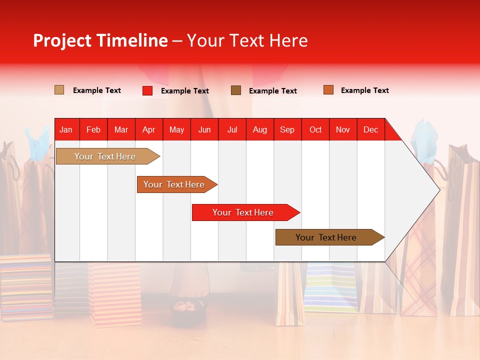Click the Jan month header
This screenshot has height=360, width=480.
coord(66,129)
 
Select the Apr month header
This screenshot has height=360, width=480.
coord(149,129)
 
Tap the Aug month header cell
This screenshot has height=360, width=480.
coord(259,129)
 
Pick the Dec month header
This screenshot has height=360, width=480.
coord(370,129)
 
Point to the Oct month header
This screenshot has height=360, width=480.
coord(315,129)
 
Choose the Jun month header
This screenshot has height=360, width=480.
coord(204,129)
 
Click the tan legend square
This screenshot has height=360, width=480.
coord(59,90)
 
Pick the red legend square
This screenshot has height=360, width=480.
coord(147,90)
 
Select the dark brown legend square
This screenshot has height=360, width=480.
coord(236,90)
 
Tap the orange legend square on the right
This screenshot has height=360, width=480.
coord(328,90)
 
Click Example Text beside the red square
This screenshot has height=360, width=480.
coord(184,91)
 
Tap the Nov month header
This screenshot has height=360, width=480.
coord(343,129)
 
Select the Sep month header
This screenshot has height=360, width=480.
coord(287,129)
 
